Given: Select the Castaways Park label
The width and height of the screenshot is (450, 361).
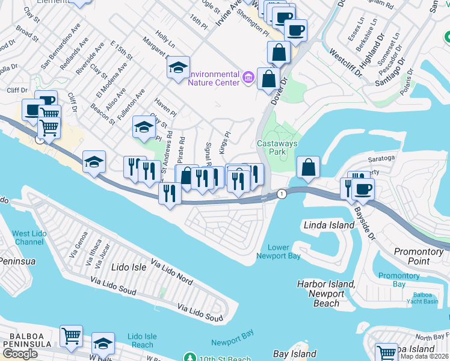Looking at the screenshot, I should (x=271, y=148).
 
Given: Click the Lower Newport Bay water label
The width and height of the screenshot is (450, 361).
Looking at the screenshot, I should (x=279, y=251).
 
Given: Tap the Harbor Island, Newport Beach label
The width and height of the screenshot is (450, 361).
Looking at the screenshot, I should (x=326, y=294).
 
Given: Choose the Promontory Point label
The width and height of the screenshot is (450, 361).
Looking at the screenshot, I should (x=420, y=256).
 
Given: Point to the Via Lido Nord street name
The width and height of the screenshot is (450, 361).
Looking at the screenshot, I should (x=172, y=271).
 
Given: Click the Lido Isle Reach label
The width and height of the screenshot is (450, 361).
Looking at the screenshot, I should (x=143, y=341).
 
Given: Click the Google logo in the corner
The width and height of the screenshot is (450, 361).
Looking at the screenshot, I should (x=20, y=353).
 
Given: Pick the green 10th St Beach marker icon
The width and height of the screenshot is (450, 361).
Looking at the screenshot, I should (x=191, y=357).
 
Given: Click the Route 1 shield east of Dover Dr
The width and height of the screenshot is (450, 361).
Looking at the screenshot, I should (x=282, y=193).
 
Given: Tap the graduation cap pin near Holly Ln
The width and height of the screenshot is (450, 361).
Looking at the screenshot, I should (x=177, y=68).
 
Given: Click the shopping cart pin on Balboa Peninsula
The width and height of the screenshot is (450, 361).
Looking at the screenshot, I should (x=71, y=336).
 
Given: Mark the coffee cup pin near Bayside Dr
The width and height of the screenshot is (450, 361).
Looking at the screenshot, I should (x=362, y=190).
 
